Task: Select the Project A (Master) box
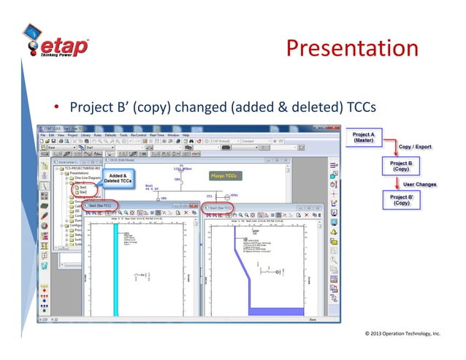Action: click(363, 138)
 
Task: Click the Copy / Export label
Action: click(414, 147)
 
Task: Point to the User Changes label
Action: click(419, 184)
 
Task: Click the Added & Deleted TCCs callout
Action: click(118, 179)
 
